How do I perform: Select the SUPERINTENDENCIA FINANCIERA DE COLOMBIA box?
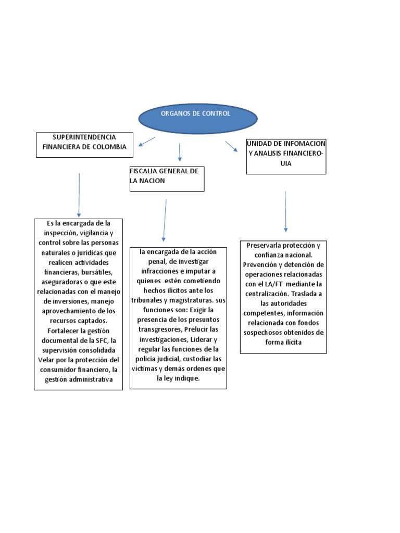(x=84, y=145)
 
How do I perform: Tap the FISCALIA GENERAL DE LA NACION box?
(x=167, y=179)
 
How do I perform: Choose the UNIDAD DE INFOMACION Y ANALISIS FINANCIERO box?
(x=286, y=156)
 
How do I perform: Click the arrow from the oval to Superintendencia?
(x=147, y=142)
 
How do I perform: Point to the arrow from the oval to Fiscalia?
(x=180, y=151)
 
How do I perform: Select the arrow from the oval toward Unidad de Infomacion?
(x=231, y=146)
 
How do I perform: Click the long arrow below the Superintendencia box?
(x=79, y=195)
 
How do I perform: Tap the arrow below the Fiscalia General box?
(x=165, y=219)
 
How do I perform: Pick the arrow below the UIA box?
(x=285, y=211)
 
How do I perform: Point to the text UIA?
(x=284, y=163)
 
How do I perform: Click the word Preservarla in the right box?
(x=264, y=245)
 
